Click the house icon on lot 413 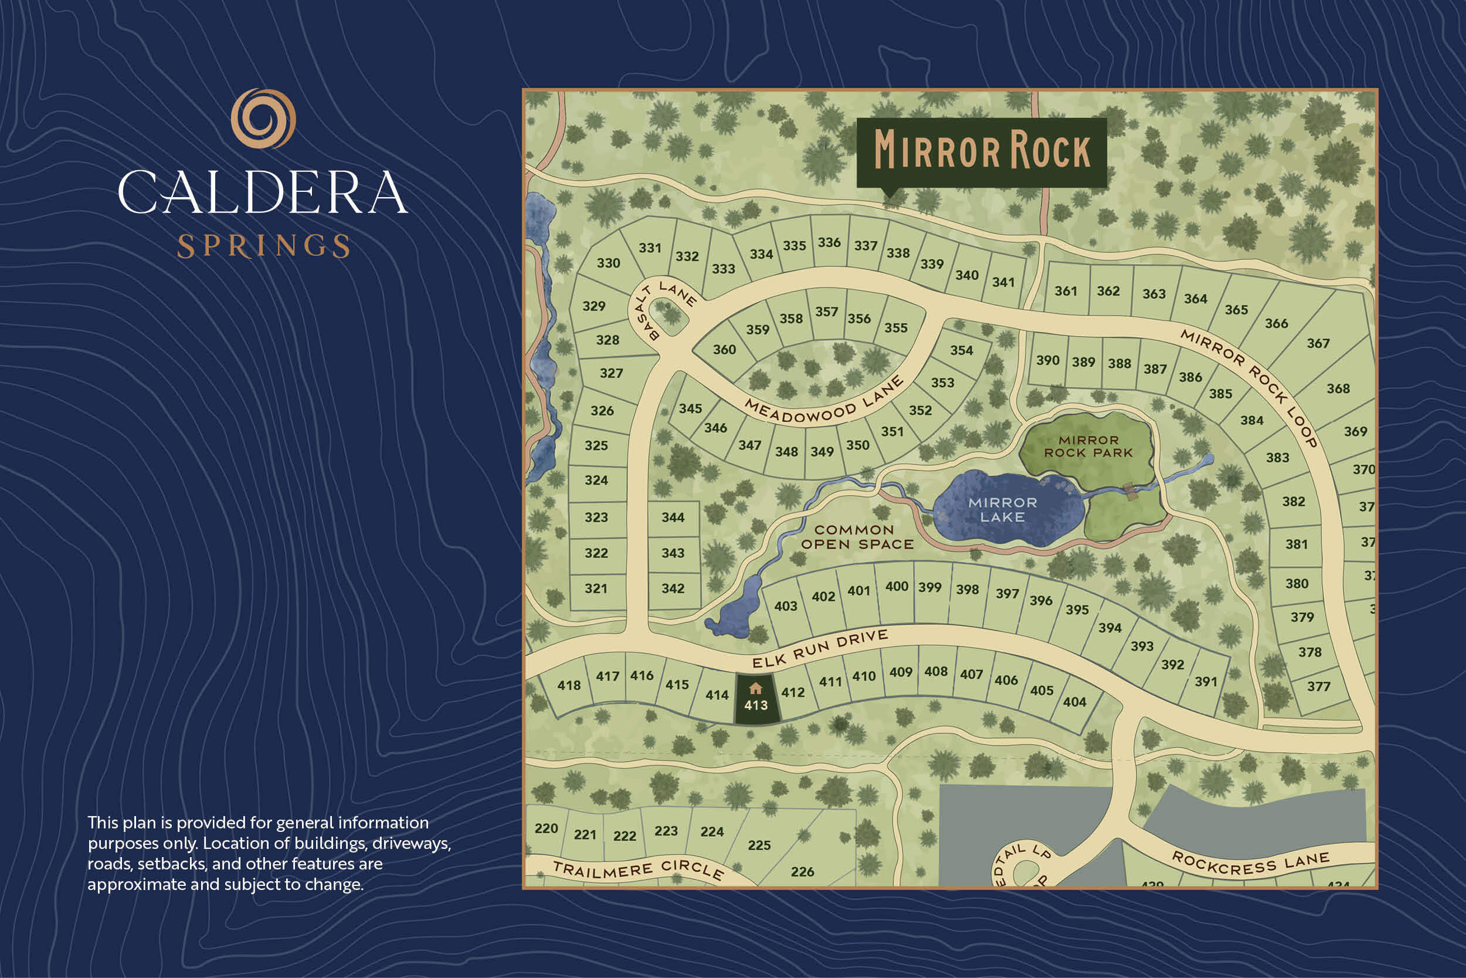coord(755,689)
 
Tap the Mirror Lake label coord(1002,510)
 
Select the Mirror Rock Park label coord(1088,446)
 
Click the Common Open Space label coord(857,537)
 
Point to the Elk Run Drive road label coord(820,649)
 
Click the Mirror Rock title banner coord(982,151)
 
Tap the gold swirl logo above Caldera coord(263,119)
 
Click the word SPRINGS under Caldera coord(264,246)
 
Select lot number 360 coord(724,350)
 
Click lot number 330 coord(608,263)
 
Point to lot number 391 coord(1206,682)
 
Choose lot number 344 coord(673,517)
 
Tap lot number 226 coord(802,872)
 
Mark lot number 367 coord(1318,344)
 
